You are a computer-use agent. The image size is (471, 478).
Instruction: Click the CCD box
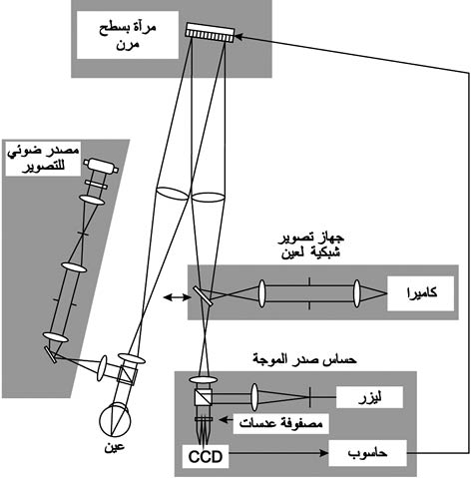tap(206, 456)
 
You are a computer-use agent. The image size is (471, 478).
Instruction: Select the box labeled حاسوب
tap(367, 453)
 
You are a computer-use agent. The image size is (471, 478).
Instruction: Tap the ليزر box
tap(369, 397)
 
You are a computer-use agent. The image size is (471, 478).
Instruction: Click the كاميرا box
tap(420, 293)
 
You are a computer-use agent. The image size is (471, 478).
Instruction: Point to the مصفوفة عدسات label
tap(280, 424)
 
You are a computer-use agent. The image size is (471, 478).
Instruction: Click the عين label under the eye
tap(115, 446)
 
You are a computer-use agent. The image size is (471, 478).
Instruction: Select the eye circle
tap(115, 420)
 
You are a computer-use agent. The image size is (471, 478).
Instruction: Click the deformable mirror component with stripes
tap(210, 32)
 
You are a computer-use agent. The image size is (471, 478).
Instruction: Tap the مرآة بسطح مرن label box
tap(128, 35)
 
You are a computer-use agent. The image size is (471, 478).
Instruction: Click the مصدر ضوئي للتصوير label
tap(44, 159)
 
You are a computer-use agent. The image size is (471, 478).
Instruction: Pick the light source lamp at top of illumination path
tap(101, 166)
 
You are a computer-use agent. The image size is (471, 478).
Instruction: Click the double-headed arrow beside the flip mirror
tap(178, 297)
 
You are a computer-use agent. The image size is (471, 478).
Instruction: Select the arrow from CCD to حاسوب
tap(278, 453)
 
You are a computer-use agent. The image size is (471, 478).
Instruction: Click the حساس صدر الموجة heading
tap(304, 359)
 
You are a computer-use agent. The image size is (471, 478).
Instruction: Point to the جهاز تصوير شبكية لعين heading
tap(311, 245)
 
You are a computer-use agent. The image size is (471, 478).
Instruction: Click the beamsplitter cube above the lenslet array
tap(204, 396)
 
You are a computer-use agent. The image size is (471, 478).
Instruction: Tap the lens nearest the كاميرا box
tap(357, 293)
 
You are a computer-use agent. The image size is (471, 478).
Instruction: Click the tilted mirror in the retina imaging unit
tap(203, 295)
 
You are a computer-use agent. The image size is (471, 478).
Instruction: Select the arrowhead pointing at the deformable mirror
tap(238, 35)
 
